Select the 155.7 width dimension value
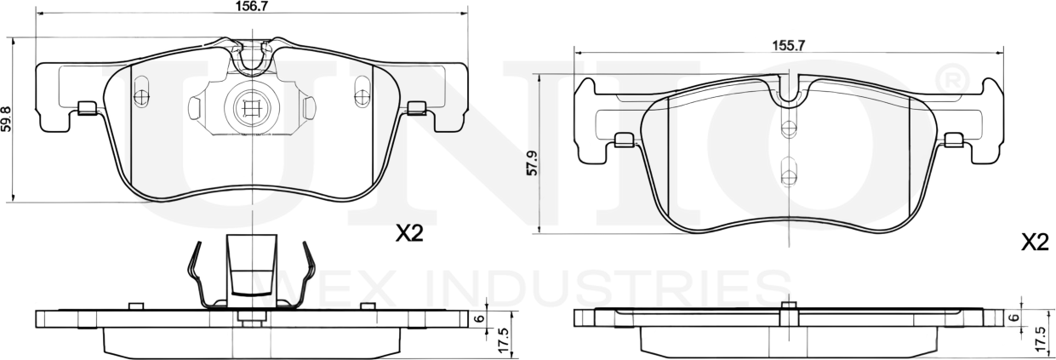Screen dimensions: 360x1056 pyautogui.click(x=788, y=46)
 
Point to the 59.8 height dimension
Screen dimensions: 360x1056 pyautogui.click(x=8, y=117)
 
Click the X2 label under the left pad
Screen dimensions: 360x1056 pyautogui.click(x=408, y=234)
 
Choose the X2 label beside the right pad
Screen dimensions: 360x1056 pyautogui.click(x=1034, y=243)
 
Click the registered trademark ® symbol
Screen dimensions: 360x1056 pyautogui.click(x=950, y=80)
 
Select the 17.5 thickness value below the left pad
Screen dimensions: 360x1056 pyautogui.click(x=502, y=340)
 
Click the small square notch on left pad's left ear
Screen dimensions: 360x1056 pyautogui.click(x=86, y=107)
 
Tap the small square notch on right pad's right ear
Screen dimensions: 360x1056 pyautogui.click(x=955, y=139)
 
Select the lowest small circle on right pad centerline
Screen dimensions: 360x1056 pyautogui.click(x=789, y=178)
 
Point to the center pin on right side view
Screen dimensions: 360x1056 pyautogui.click(x=789, y=314)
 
